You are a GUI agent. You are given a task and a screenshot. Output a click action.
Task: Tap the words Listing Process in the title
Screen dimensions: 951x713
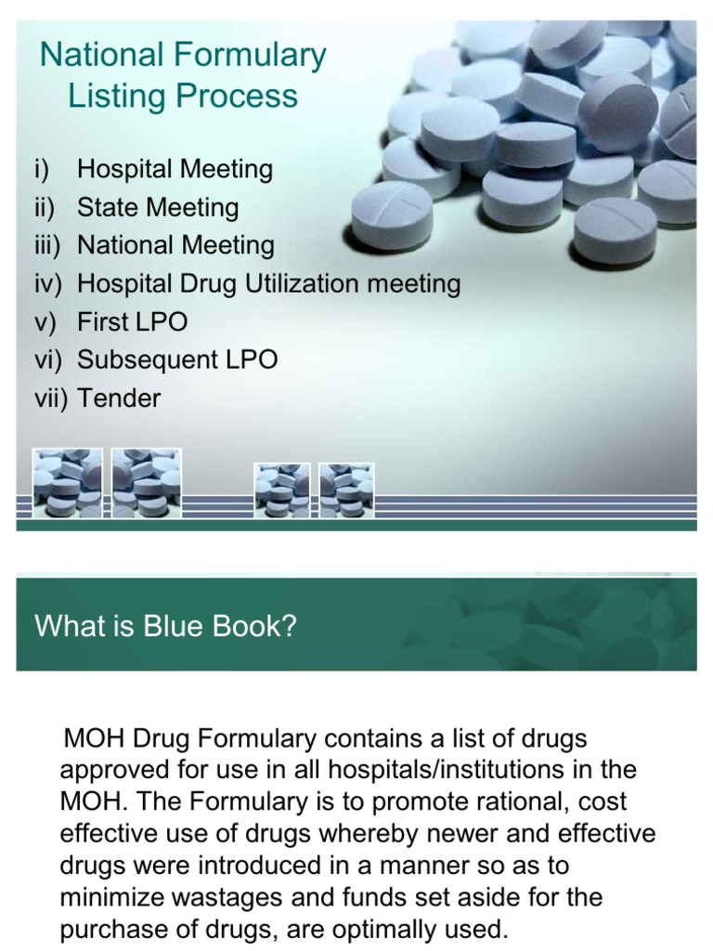coord(183,97)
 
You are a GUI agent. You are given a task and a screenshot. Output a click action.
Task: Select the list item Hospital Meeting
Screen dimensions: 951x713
coord(175,170)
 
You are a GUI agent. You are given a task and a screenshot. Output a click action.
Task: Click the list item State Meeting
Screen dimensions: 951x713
coord(158,208)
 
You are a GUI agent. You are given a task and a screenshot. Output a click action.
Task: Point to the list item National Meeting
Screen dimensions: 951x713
coord(175,246)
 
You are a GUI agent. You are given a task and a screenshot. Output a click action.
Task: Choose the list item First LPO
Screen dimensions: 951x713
coord(132,322)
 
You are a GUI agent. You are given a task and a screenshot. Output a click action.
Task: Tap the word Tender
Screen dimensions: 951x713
coord(119,398)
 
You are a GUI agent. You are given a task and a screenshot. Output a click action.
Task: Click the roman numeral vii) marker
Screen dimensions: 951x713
coord(51,398)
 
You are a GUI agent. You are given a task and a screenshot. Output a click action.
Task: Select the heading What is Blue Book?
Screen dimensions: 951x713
coord(165,626)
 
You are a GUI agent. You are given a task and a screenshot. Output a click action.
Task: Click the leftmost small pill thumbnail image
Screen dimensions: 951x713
coord(68,482)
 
